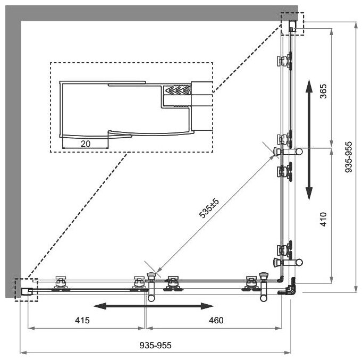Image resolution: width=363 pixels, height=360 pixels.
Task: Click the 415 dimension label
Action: click(x=82, y=320)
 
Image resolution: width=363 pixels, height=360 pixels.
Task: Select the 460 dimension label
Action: click(x=216, y=320)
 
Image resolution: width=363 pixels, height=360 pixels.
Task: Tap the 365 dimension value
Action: click(x=324, y=91)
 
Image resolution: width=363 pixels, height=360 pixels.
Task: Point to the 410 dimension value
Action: click(x=324, y=219)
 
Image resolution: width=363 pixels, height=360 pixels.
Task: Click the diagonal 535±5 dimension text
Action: click(x=209, y=208)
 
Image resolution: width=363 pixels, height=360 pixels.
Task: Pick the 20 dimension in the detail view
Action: click(x=86, y=144)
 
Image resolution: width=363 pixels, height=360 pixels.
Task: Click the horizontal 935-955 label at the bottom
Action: click(x=155, y=345)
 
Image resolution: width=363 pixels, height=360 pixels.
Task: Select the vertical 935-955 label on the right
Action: click(x=349, y=157)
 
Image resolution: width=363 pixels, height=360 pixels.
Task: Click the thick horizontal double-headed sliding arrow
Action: click(x=153, y=306)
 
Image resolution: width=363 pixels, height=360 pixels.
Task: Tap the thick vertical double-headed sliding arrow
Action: click(x=309, y=140)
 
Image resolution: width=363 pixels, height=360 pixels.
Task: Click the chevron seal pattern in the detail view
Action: click(x=177, y=90)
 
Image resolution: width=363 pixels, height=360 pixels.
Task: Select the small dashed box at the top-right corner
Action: click(x=292, y=24)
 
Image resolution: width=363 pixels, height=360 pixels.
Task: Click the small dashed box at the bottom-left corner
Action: click(x=26, y=290)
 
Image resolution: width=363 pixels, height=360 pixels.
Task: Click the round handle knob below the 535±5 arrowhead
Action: click(x=151, y=298)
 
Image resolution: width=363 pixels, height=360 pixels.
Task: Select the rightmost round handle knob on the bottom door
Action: click(x=264, y=298)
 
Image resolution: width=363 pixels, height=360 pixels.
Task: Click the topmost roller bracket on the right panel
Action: click(x=284, y=61)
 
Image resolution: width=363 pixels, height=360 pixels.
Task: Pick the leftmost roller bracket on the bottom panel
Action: click(x=60, y=283)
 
